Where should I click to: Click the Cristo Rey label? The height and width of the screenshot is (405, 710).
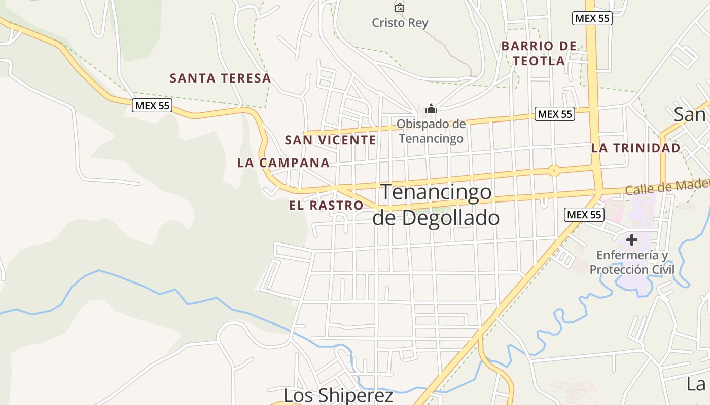(400, 23)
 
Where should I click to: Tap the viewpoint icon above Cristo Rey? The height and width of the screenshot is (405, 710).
(400, 8)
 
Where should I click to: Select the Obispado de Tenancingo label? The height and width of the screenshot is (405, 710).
(431, 131)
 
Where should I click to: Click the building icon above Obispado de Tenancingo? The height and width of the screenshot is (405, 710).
(431, 109)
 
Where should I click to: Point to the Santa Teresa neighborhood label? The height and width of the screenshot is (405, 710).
(220, 78)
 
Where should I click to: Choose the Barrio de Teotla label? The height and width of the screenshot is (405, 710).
(539, 53)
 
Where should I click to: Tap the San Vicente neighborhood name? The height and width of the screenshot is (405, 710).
(330, 140)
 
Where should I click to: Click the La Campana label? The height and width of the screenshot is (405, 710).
(283, 163)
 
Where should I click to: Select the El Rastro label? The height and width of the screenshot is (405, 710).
(326, 206)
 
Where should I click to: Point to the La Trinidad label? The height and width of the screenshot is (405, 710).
(635, 148)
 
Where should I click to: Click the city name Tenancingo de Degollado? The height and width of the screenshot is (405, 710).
(436, 205)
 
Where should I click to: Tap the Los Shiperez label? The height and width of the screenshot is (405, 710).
(338, 395)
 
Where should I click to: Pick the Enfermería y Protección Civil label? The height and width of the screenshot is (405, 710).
(632, 262)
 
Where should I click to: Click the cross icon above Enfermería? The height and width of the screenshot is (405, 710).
(632, 239)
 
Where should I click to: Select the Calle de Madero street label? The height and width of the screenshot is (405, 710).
(667, 187)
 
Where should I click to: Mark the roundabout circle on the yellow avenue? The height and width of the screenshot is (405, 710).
(554, 171)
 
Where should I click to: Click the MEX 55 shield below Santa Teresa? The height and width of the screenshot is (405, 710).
(152, 105)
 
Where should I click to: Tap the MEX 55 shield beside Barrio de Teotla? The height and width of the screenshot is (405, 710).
(592, 19)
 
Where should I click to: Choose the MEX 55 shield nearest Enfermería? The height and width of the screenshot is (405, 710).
(584, 215)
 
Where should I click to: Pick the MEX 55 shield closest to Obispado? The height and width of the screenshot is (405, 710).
(555, 114)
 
